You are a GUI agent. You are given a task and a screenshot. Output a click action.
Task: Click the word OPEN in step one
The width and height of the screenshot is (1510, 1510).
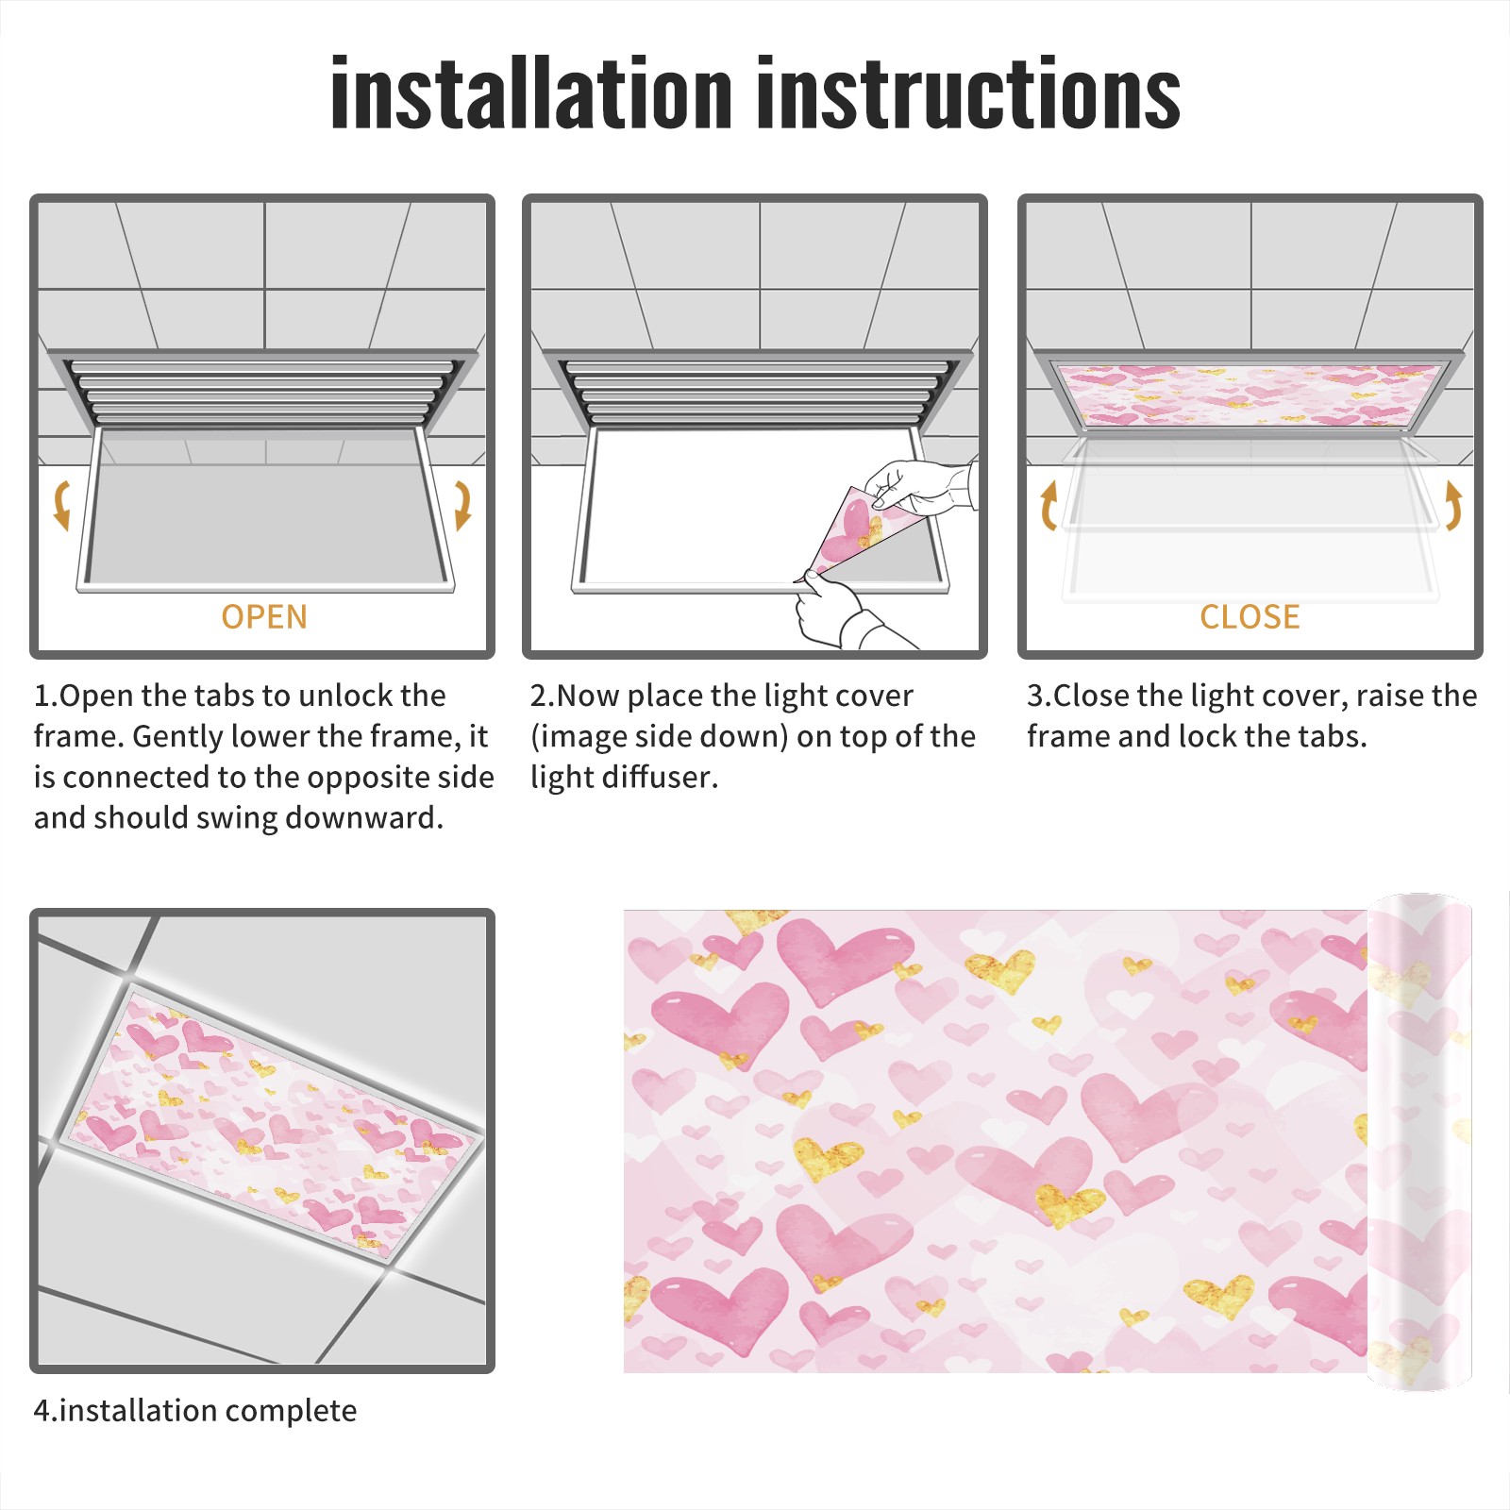tap(264, 617)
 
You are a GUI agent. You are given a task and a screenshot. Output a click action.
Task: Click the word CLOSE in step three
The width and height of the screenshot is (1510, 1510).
tap(1250, 617)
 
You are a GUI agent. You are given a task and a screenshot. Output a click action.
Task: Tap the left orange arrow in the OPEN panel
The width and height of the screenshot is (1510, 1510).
tap(62, 505)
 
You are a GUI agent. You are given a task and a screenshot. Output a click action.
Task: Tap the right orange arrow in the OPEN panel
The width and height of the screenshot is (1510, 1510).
tap(462, 505)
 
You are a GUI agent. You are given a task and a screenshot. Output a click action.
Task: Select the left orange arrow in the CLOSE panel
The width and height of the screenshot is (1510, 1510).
tap(1048, 505)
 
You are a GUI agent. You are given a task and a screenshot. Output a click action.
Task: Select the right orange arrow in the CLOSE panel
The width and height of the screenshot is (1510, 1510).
tap(1454, 505)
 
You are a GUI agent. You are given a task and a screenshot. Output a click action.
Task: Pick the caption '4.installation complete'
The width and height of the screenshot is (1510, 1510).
tap(195, 1411)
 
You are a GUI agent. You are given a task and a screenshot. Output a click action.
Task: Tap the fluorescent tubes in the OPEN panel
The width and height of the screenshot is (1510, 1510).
tap(264, 392)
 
